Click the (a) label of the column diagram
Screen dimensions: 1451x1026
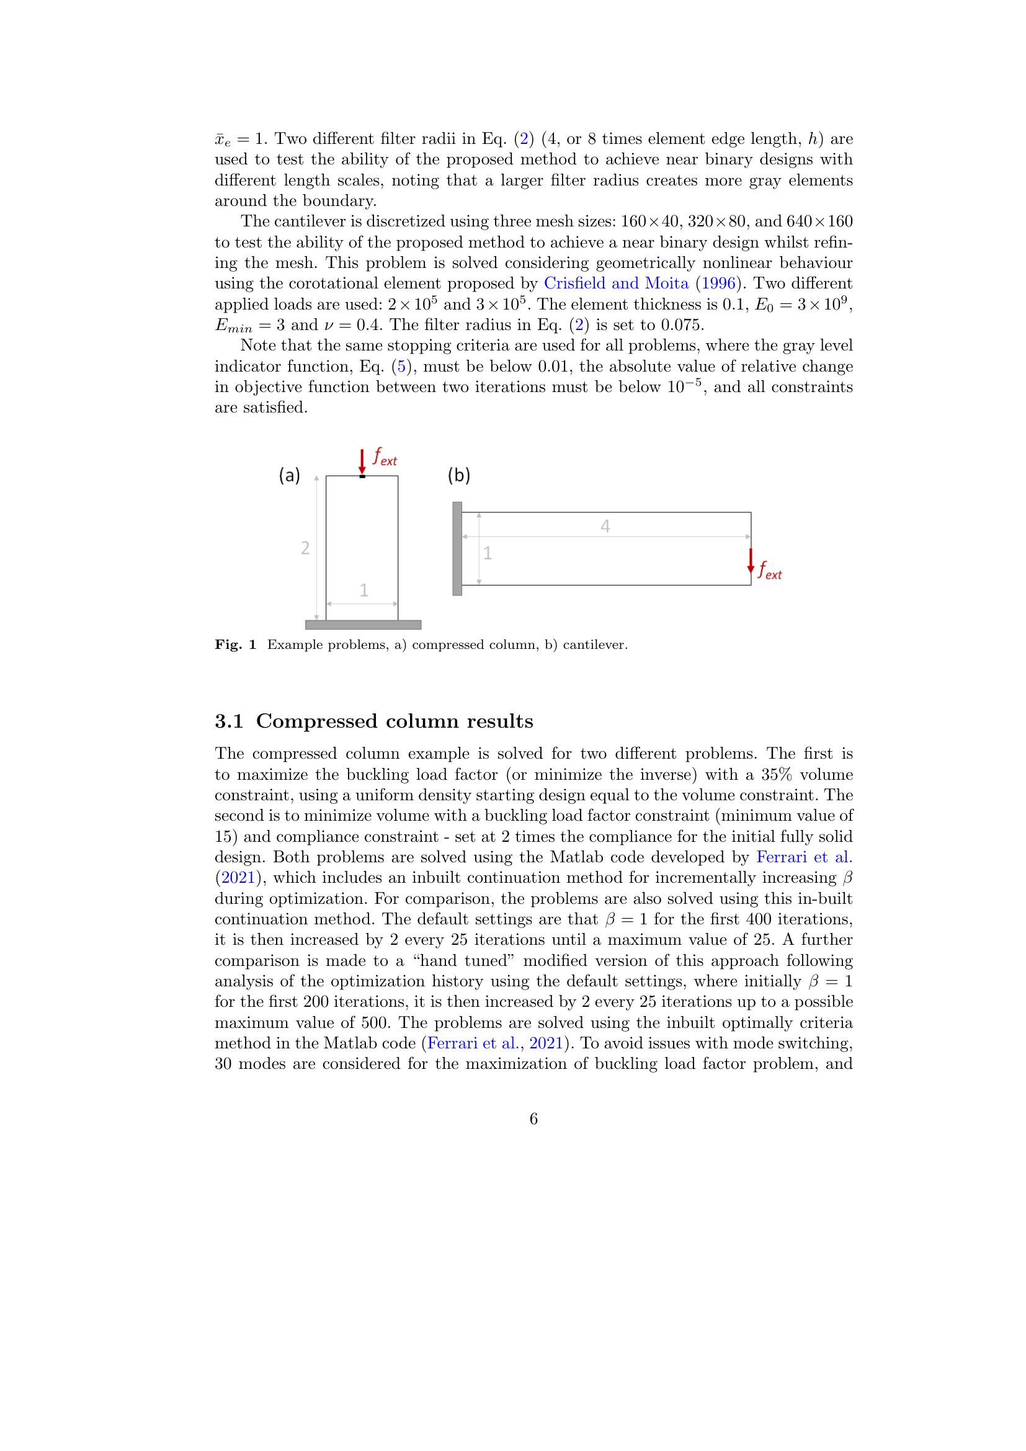tap(289, 476)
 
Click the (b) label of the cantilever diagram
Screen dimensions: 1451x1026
tap(458, 476)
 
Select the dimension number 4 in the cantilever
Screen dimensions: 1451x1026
tap(605, 527)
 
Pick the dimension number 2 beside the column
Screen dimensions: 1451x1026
tap(305, 548)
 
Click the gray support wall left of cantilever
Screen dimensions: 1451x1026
tap(457, 548)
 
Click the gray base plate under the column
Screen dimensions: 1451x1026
tap(363, 625)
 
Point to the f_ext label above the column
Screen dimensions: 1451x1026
tap(384, 457)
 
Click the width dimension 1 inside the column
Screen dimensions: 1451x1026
tap(364, 590)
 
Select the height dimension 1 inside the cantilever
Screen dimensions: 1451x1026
tap(487, 553)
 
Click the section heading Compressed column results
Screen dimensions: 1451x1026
tap(395, 721)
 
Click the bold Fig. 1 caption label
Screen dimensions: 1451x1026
tap(235, 645)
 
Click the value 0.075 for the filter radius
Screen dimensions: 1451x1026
tap(682, 325)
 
